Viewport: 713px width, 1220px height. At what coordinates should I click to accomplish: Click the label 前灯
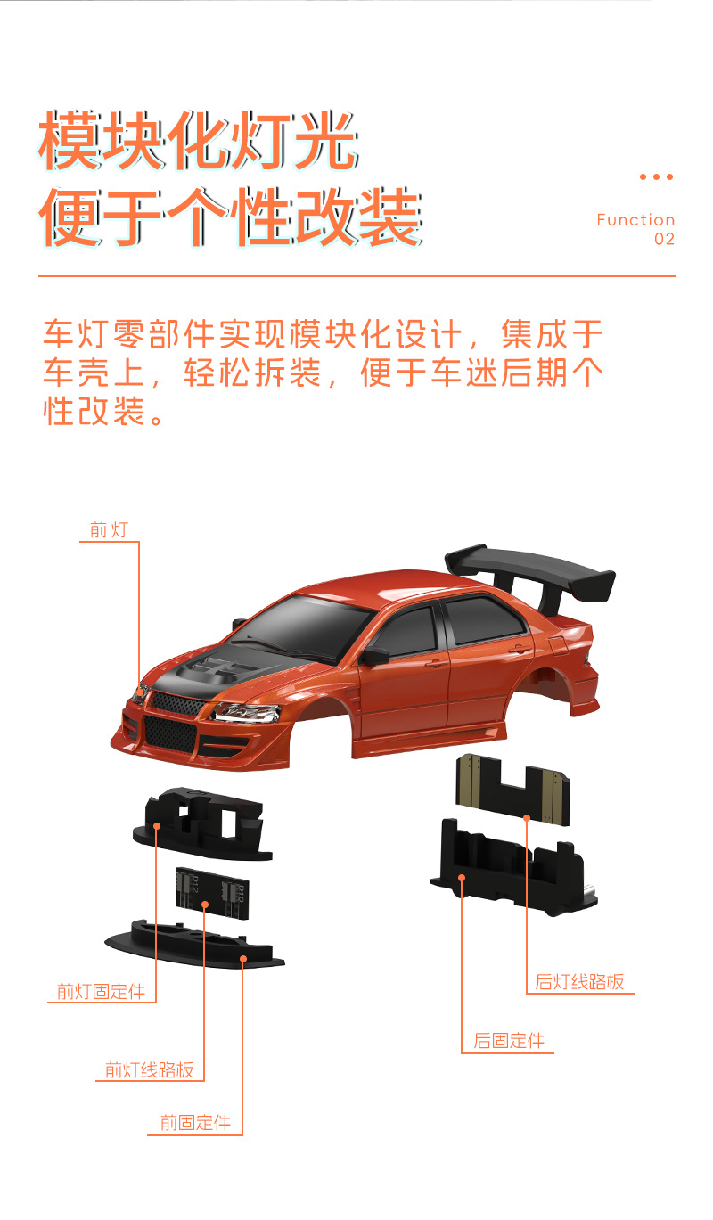(x=109, y=530)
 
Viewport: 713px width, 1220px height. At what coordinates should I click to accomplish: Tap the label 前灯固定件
(x=101, y=991)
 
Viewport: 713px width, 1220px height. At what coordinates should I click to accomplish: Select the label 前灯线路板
(x=149, y=1070)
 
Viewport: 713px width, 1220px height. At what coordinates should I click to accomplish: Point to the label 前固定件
(x=195, y=1123)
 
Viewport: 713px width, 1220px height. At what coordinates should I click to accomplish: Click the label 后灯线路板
(x=579, y=982)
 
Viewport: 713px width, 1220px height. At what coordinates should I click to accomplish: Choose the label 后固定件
(x=508, y=1041)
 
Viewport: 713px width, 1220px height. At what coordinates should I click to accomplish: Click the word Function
(x=635, y=220)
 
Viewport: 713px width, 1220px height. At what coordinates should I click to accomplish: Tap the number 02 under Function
(x=664, y=239)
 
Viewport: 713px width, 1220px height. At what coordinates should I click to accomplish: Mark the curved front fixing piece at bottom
(x=196, y=945)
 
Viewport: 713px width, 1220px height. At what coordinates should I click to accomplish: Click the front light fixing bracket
(x=201, y=820)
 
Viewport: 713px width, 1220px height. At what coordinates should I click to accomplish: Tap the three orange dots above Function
(x=656, y=177)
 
